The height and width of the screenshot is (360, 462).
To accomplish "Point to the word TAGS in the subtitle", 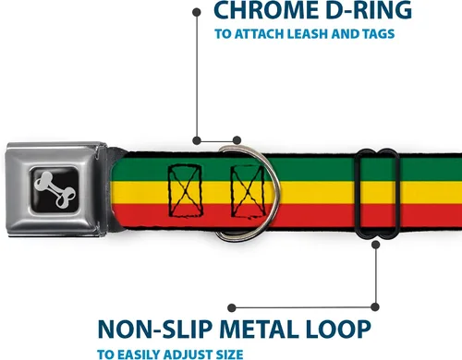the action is [x=379, y=34].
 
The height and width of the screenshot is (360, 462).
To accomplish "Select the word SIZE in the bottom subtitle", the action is [x=229, y=354].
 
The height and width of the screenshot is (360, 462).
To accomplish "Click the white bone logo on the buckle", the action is [x=55, y=189].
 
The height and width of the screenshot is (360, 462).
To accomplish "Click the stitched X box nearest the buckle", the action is [x=185, y=191].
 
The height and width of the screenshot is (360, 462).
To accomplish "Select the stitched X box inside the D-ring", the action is [x=249, y=191].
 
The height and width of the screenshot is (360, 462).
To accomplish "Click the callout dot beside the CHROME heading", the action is [x=197, y=12].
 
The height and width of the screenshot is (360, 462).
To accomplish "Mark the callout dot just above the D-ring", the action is [x=237, y=140].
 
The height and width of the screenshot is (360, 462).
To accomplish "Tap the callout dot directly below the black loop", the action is [x=375, y=245].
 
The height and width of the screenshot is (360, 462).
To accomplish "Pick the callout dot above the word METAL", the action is [x=232, y=307].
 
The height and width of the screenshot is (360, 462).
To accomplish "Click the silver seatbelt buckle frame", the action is [x=56, y=189].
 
